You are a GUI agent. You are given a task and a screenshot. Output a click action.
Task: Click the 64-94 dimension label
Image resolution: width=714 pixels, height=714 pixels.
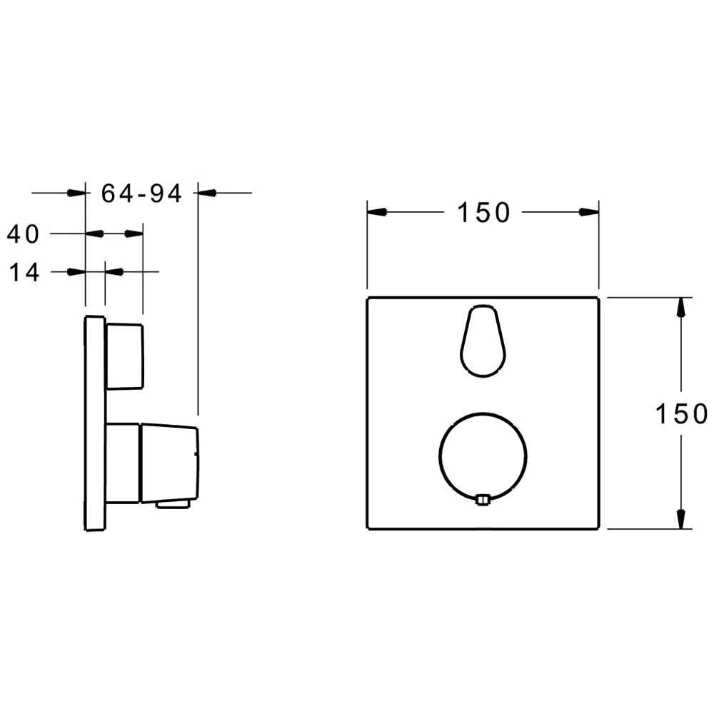coord(141,193)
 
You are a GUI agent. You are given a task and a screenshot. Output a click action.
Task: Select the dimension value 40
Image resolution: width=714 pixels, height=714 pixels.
coord(24,233)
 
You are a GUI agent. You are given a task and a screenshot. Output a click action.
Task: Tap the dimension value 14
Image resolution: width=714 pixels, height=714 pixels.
coord(26,272)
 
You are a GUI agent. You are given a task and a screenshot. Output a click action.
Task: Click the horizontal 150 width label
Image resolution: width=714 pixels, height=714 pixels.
coord(483,212)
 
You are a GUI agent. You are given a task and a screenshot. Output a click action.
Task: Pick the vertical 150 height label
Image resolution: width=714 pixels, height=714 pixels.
coord(681,413)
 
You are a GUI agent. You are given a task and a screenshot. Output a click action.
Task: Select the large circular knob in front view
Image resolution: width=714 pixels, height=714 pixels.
coord(483,457)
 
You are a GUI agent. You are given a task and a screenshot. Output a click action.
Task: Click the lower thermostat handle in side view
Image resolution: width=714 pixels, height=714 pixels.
coord(168,463)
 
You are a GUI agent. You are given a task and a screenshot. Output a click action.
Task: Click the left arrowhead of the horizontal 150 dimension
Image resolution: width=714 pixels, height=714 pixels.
coord(376,212)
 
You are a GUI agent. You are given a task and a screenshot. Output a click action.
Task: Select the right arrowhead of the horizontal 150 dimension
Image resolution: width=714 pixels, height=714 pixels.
coord(589,212)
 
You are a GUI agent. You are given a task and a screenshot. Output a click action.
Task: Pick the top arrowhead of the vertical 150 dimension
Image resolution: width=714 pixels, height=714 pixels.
coord(681,307)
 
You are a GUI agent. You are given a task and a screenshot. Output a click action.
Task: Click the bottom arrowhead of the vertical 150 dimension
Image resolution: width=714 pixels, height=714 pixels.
coord(681,519)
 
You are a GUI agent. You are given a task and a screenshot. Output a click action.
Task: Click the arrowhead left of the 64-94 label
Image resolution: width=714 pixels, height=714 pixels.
coord(76,193)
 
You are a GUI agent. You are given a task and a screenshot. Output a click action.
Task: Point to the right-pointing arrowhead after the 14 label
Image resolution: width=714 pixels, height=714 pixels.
coord(76,272)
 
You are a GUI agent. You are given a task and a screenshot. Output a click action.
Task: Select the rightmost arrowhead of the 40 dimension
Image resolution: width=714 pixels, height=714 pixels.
coord(134,233)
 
